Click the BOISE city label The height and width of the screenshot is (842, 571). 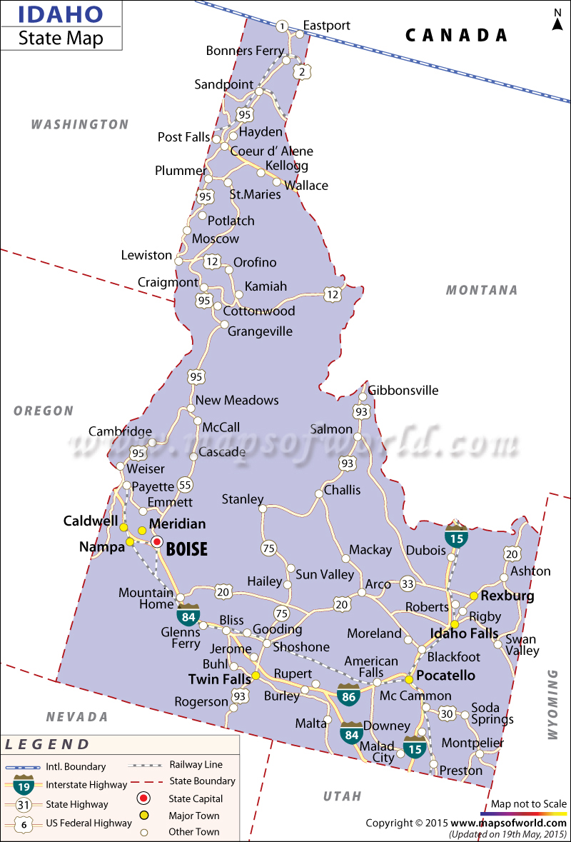[187, 549]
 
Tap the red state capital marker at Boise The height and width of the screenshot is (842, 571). [157, 542]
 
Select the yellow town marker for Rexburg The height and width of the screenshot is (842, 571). [473, 596]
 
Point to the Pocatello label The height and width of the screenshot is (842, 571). [446, 675]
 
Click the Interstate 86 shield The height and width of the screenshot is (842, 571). [349, 695]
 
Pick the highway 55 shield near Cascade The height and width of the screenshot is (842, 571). [185, 485]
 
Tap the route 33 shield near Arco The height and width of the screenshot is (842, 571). [408, 583]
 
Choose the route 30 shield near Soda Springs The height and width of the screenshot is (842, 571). [447, 713]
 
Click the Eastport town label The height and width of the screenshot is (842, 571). [327, 26]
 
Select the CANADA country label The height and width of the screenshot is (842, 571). [456, 35]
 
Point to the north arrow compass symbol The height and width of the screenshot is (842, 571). [557, 20]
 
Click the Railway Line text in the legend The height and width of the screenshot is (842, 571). [196, 764]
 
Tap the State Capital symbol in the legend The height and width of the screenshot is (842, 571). [143, 798]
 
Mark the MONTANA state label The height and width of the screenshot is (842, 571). [482, 290]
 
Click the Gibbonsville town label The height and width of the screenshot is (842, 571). [403, 390]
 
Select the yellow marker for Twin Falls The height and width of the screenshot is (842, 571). [256, 676]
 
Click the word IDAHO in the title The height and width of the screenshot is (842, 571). [51, 14]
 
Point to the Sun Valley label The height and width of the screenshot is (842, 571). [325, 574]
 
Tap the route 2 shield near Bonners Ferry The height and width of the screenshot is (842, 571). [302, 71]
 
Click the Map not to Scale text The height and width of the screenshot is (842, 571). [529, 803]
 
